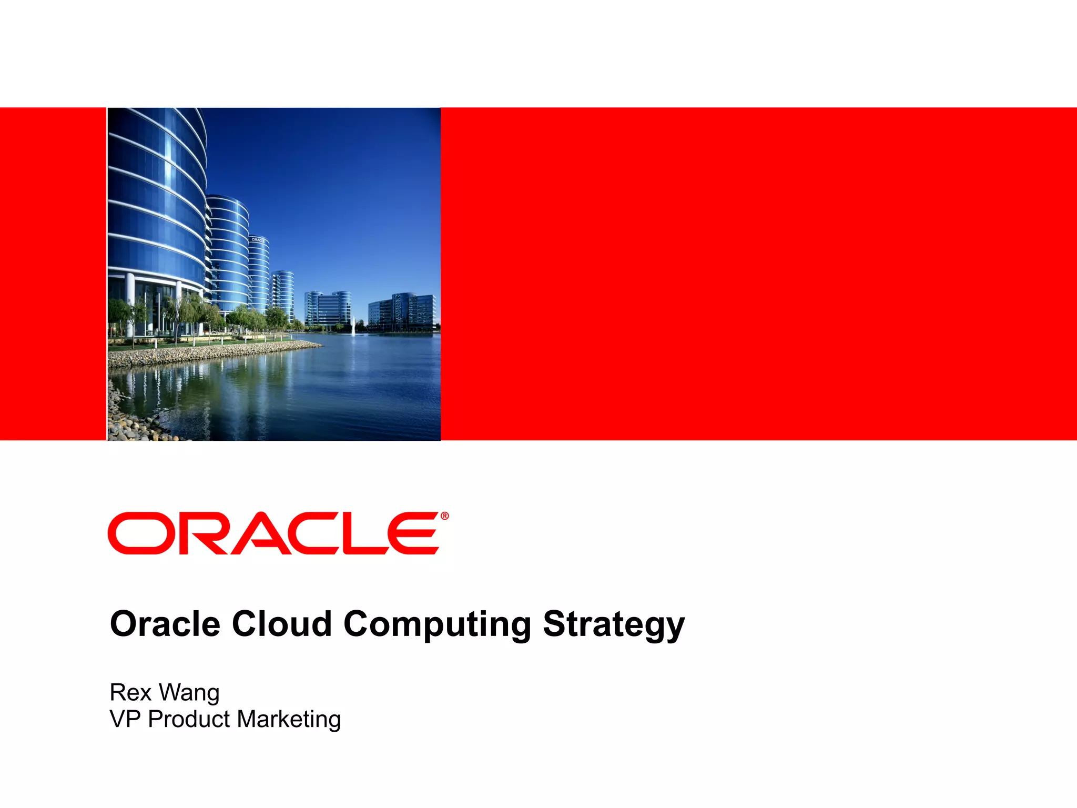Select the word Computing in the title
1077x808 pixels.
click(x=437, y=624)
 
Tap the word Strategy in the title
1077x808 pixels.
click(x=614, y=624)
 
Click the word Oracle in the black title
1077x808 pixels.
click(x=165, y=624)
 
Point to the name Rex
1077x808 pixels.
click(x=130, y=692)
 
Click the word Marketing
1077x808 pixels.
click(x=289, y=720)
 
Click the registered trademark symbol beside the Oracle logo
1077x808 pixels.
click(x=445, y=516)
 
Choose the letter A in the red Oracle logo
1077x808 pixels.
click(x=263, y=533)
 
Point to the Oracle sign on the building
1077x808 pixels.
click(x=258, y=240)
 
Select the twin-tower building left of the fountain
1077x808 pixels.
click(x=327, y=309)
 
